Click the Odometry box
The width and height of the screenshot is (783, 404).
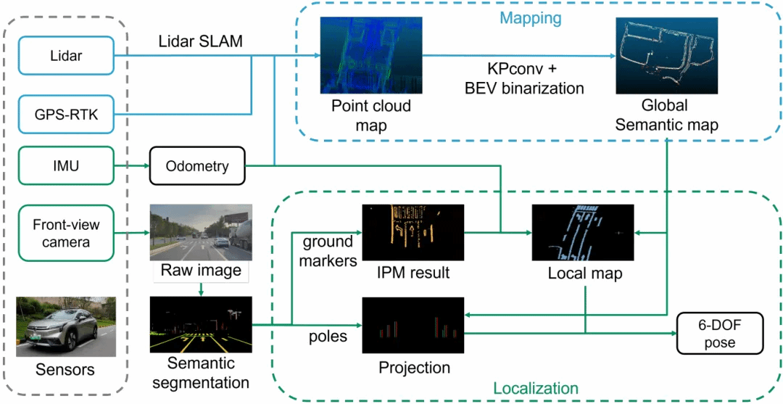[198, 166]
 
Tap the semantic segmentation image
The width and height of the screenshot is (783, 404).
[201, 325]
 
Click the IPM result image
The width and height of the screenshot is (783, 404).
[413, 232]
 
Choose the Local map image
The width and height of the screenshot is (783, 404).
[583, 232]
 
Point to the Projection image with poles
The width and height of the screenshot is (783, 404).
[413, 325]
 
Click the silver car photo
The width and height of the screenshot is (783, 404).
[66, 326]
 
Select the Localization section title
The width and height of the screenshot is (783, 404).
[535, 388]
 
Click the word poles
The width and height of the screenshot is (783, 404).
[328, 336]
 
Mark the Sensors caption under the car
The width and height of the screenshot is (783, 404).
[65, 370]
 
